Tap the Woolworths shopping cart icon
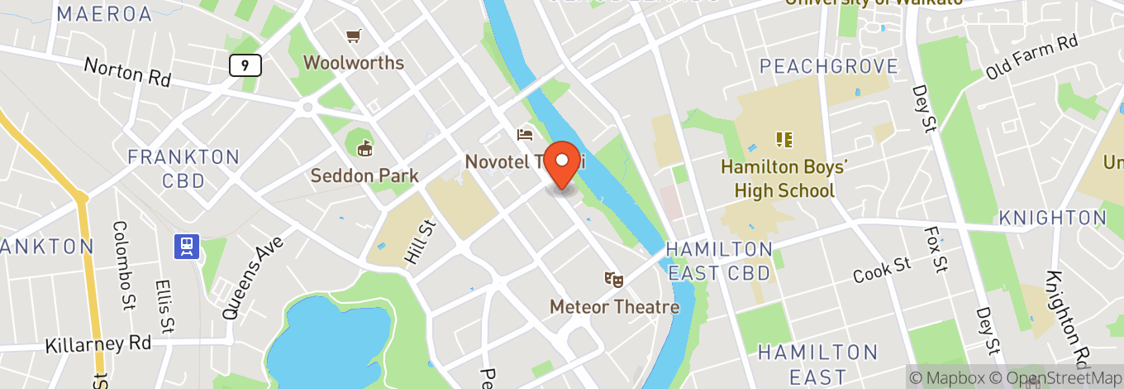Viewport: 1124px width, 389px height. click(354, 36)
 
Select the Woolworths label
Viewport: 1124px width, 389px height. click(354, 62)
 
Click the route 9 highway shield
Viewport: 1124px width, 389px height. click(245, 65)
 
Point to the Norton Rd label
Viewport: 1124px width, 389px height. click(127, 73)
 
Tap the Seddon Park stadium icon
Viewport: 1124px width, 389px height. click(364, 148)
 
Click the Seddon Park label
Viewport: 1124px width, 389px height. click(364, 175)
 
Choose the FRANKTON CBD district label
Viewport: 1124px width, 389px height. click(183, 169)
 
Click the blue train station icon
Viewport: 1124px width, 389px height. click(188, 245)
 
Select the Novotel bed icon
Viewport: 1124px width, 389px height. click(525, 134)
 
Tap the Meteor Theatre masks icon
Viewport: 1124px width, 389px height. click(613, 279)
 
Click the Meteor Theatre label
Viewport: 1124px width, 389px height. click(615, 307)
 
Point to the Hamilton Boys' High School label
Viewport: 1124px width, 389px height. click(783, 179)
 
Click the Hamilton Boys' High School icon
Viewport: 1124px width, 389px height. click(783, 139)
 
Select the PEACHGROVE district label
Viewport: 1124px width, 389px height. click(828, 66)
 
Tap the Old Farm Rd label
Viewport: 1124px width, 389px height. click(1032, 56)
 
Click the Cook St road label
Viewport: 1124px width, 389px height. click(882, 270)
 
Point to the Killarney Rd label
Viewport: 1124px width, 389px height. click(98, 343)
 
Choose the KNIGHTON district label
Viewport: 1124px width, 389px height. click(1052, 218)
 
